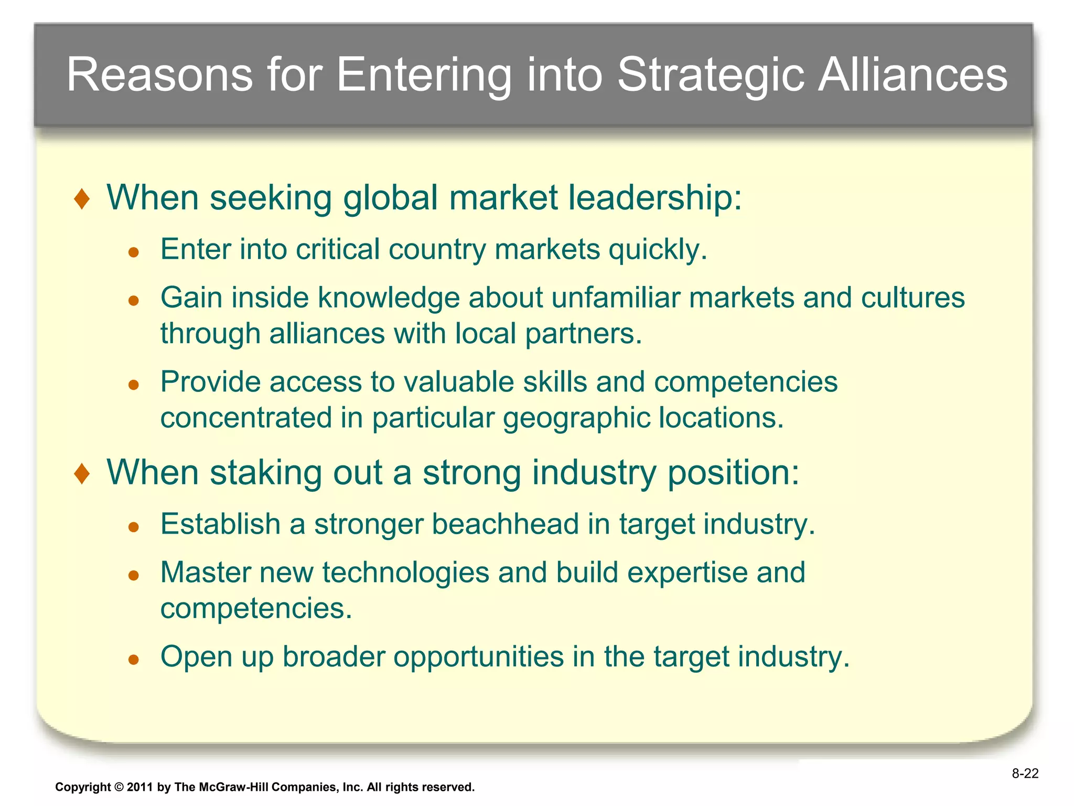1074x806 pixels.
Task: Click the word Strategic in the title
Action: click(x=711, y=75)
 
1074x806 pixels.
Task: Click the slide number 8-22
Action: click(x=1025, y=773)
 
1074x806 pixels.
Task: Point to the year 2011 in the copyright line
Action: click(x=139, y=787)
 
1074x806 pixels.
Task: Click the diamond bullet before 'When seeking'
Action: click(x=82, y=199)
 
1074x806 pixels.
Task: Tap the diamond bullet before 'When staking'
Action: click(x=82, y=474)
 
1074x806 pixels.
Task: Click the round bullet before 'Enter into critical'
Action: click(x=134, y=252)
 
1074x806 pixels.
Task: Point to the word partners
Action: click(x=583, y=334)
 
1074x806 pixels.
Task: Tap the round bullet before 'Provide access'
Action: click(x=134, y=385)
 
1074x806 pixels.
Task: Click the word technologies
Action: click(x=405, y=572)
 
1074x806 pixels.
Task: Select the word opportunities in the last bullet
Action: click(x=478, y=657)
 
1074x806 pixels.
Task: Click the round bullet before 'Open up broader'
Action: click(x=134, y=660)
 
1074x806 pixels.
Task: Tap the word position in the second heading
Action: click(x=733, y=473)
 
